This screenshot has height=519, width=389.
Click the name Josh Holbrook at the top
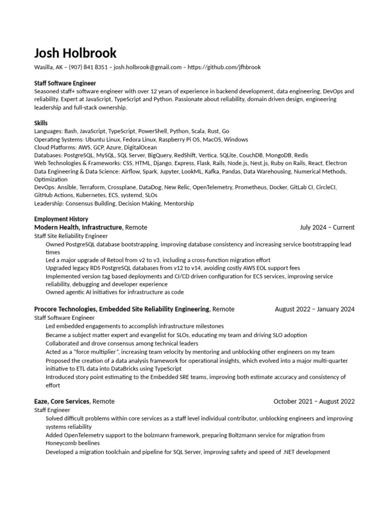click(x=75, y=53)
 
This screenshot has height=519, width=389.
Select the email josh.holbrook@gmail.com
click(x=147, y=67)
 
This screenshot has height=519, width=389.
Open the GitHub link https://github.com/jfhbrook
click(x=224, y=67)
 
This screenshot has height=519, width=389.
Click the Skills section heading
click(x=41, y=123)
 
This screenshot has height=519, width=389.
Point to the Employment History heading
click(x=58, y=219)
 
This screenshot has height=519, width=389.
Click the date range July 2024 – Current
click(x=327, y=228)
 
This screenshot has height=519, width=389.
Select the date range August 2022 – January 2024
click(x=315, y=309)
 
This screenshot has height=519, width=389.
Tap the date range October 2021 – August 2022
click(x=314, y=401)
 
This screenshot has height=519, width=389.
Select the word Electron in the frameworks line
click(x=336, y=163)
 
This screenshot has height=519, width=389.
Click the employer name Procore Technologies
click(x=65, y=309)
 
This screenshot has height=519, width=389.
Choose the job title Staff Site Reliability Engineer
click(x=71, y=236)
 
